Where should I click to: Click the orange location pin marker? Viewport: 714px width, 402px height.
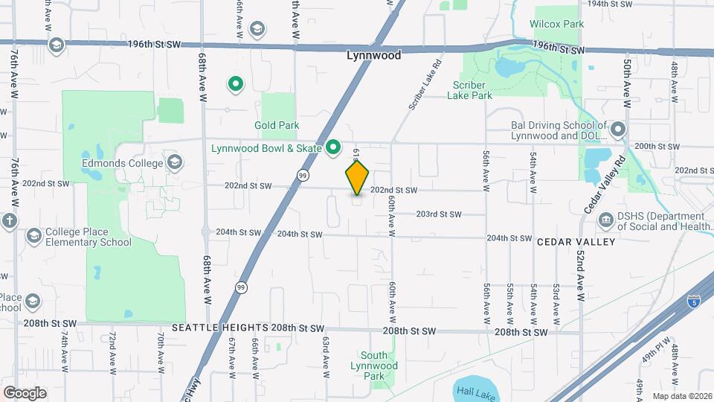(357, 178)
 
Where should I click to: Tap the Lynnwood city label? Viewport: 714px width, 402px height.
(374, 55)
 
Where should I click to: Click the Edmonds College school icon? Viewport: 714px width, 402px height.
(175, 162)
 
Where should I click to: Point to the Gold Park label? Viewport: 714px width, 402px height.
(277, 125)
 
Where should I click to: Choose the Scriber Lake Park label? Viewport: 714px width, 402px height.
(471, 89)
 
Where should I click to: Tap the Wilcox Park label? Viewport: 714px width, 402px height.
(556, 24)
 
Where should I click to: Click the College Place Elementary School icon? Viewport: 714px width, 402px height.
(33, 236)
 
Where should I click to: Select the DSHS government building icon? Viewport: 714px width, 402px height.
(606, 220)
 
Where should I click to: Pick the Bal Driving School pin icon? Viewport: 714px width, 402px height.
(617, 131)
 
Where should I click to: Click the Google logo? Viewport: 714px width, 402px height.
(25, 393)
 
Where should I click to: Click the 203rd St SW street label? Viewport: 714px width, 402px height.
(438, 214)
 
